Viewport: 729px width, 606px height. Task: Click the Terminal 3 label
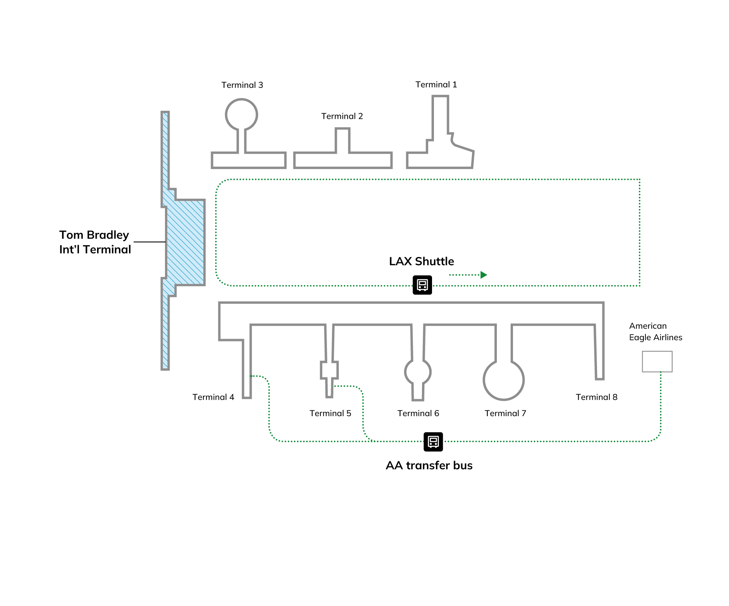(242, 85)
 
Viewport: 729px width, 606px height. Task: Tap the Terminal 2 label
(342, 116)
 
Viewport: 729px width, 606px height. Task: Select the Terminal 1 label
(436, 84)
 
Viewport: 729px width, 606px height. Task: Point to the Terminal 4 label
(213, 397)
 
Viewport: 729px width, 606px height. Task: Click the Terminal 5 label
(330, 413)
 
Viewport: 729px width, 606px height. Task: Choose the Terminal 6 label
(418, 413)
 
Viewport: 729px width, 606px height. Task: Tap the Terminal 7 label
(505, 413)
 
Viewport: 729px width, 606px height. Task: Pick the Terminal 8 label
(596, 397)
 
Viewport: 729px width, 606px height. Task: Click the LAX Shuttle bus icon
(422, 285)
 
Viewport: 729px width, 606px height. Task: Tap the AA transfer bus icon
(433, 441)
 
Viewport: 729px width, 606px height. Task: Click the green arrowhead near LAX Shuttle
(483, 275)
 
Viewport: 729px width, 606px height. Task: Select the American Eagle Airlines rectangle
(657, 361)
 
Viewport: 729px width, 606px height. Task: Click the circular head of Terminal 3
(241, 114)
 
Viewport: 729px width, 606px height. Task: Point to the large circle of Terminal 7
(503, 380)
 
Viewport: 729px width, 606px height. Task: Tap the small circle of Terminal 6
(418, 372)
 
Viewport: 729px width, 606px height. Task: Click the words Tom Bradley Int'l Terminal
(95, 242)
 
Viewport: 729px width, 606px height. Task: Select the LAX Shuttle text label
(421, 261)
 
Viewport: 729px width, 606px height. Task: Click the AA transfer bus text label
(429, 465)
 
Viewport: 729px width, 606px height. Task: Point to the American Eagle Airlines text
(655, 331)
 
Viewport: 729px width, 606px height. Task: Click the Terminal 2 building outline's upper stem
(342, 140)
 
